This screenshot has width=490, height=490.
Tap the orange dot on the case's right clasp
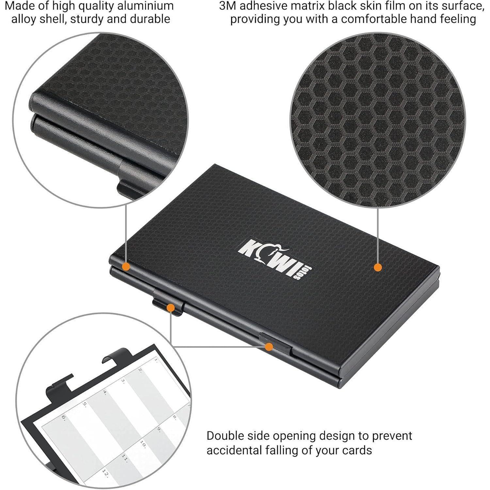pos(269,347)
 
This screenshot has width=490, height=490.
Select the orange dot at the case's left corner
pos(126,267)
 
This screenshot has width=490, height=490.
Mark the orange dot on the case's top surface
pos(378,268)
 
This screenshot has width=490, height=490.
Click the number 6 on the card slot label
pos(64,417)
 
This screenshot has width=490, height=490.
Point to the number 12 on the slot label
pos(105,472)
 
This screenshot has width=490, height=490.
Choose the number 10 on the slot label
pos(143,444)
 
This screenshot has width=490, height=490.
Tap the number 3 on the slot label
pos(123,381)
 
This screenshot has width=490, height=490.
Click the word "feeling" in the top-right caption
pos(455,19)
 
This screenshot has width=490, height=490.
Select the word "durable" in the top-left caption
pos(150,19)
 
